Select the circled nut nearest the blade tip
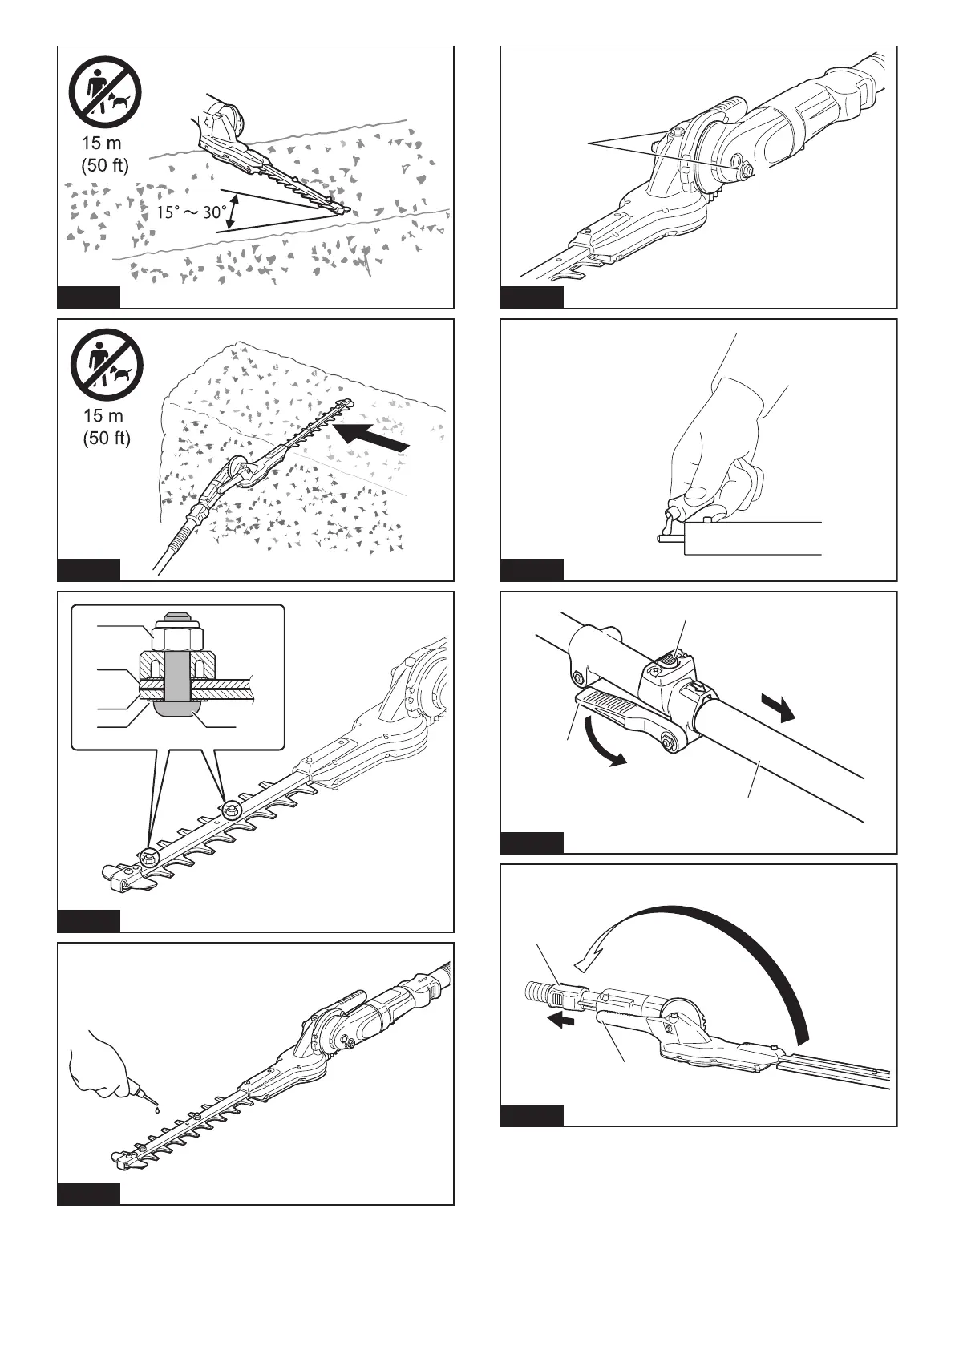pyautogui.click(x=148, y=856)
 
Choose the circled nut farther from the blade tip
pyautogui.click(x=231, y=810)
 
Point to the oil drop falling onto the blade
pyautogui.click(x=158, y=1110)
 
